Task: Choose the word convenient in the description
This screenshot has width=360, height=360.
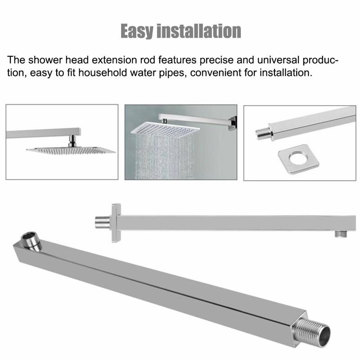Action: pyautogui.click(x=214, y=72)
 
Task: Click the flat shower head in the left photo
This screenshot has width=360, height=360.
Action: pyautogui.click(x=71, y=150)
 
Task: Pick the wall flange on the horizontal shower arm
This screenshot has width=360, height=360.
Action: pyautogui.click(x=115, y=222)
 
